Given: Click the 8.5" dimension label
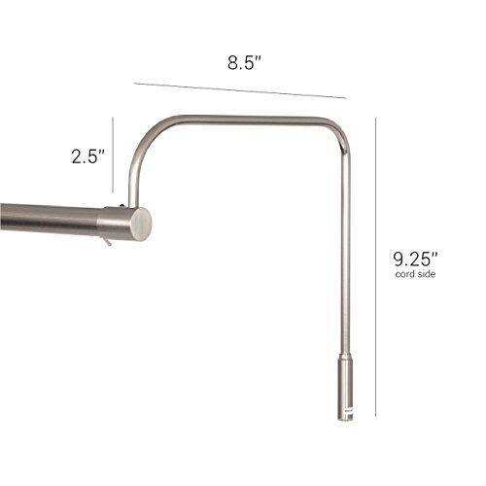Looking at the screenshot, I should pos(244,63).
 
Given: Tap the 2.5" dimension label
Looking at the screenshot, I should pos(86,155).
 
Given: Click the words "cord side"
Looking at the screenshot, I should pos(415,275).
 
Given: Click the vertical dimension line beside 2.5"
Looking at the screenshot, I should pos(113,155).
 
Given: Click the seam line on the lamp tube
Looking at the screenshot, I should pos(99,222).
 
